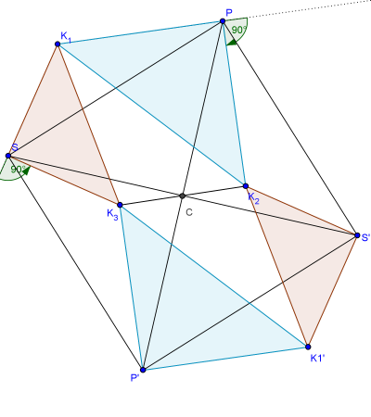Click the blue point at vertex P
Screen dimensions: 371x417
(x=223, y=21)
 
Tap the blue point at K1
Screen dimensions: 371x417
(x=58, y=44)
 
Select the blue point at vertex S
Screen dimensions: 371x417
(x=8, y=156)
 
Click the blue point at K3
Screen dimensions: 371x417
(x=120, y=205)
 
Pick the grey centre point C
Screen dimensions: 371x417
(x=182, y=196)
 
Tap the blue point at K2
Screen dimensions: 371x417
(x=246, y=186)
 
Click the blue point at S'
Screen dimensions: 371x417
(x=357, y=235)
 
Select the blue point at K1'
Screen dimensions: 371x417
(x=308, y=347)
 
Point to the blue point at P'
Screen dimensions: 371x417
(x=143, y=370)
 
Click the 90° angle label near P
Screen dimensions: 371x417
(x=239, y=30)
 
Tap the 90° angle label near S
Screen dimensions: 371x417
(x=18, y=170)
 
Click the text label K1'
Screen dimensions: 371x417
(x=317, y=359)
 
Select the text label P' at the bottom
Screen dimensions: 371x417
(x=134, y=378)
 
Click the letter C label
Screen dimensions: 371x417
(x=189, y=212)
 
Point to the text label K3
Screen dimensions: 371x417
(x=112, y=214)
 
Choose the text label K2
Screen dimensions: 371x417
(x=253, y=198)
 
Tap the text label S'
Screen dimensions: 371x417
(x=365, y=237)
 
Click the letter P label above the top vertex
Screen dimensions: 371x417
(x=229, y=13)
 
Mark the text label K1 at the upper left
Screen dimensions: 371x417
(x=66, y=37)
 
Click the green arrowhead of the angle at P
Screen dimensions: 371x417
(x=232, y=43)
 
